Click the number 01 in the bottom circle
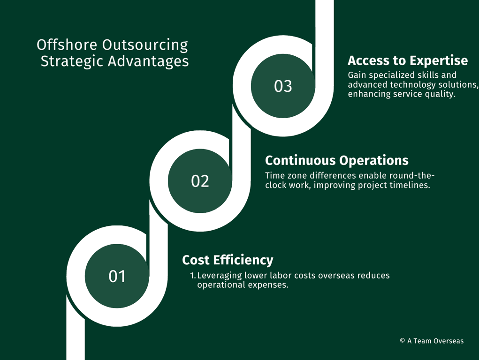pyautogui.click(x=117, y=276)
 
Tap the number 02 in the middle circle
pyautogui.click(x=200, y=181)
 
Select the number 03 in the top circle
pyautogui.click(x=283, y=86)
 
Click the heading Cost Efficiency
pyautogui.click(x=228, y=260)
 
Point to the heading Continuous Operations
pyautogui.click(x=337, y=160)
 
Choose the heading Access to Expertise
pyautogui.click(x=408, y=60)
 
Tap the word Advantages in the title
pyautogui.click(x=148, y=61)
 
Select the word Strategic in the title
pyautogui.click(x=72, y=61)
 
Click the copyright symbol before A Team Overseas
pyautogui.click(x=403, y=340)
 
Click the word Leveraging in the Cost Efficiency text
pyautogui.click(x=220, y=276)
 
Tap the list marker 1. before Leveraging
pyautogui.click(x=193, y=276)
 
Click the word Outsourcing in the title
pyautogui.click(x=145, y=45)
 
